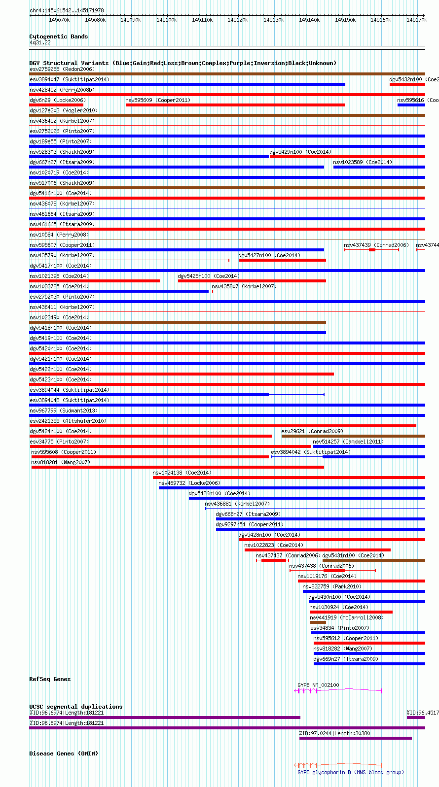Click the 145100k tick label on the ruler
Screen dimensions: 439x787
(x=167, y=20)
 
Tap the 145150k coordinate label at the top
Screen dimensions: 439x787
(x=345, y=20)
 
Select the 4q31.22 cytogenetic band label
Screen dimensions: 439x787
(x=40, y=42)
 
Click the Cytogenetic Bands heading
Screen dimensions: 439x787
(x=59, y=36)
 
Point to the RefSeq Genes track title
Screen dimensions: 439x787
(x=50, y=679)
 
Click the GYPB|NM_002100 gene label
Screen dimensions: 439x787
(x=318, y=685)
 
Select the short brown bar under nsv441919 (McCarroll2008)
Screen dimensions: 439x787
(x=318, y=622)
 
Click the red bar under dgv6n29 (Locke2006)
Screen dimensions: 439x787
(x=56, y=105)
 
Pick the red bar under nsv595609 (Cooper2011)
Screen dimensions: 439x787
(x=235, y=105)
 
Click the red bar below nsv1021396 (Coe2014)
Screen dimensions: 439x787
(x=94, y=281)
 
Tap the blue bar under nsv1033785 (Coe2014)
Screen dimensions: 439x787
(x=119, y=291)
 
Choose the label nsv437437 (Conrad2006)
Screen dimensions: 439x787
(x=288, y=555)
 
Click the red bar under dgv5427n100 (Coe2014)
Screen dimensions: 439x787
(x=282, y=260)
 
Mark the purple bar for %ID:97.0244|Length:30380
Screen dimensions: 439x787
(x=355, y=738)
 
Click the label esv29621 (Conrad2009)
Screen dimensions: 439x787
(x=312, y=431)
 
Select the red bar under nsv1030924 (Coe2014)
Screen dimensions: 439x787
(x=351, y=612)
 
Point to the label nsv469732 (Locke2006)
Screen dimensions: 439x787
(x=189, y=483)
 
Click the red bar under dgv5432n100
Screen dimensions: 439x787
(x=407, y=84)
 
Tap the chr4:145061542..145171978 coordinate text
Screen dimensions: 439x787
(x=67, y=10)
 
